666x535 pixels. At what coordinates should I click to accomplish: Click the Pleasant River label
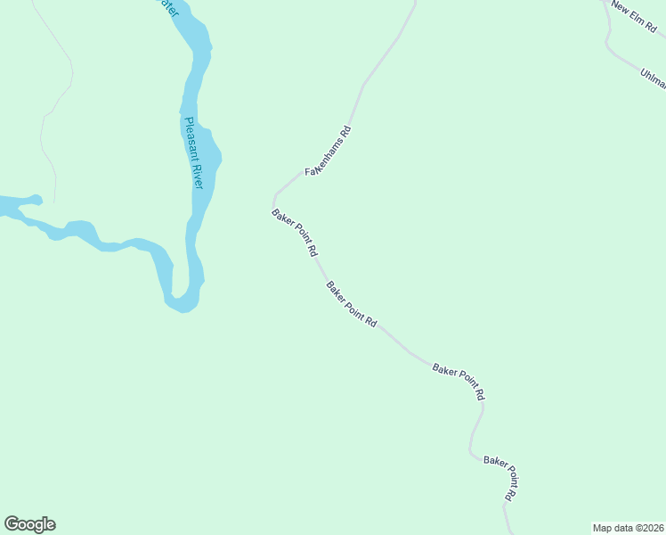(193, 152)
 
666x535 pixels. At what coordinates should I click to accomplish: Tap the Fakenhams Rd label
(329, 151)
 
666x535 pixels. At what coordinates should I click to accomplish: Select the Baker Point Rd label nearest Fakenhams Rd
(295, 233)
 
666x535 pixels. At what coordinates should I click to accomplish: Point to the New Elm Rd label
(633, 18)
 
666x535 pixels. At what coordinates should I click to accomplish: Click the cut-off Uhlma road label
(653, 78)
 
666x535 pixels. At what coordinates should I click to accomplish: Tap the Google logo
(29, 524)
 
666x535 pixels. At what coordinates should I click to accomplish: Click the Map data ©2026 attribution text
(628, 528)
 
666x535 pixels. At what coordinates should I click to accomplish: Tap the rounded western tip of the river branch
(35, 199)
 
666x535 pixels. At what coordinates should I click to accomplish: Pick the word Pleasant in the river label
(190, 136)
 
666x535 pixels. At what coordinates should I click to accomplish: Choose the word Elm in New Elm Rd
(634, 18)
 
